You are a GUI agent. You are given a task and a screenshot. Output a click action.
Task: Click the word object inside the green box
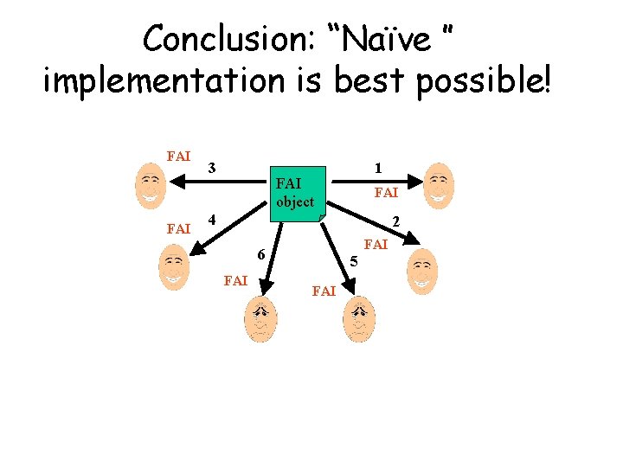tap(295, 202)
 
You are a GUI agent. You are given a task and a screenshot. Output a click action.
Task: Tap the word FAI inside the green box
tap(287, 184)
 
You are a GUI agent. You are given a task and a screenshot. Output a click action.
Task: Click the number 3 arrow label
tap(212, 166)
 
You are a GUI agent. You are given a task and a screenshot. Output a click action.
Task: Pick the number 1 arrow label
tap(378, 166)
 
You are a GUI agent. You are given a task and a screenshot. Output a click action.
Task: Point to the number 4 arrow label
tap(212, 219)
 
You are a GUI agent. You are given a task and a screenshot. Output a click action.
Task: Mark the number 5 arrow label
tap(353, 260)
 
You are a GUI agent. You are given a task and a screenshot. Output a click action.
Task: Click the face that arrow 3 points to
tap(151, 186)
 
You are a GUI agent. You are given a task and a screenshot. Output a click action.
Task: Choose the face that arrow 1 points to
tap(440, 183)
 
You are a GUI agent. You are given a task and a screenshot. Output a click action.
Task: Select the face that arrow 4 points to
tap(174, 267)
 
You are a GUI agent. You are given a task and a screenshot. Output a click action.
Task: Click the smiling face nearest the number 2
tap(423, 271)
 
